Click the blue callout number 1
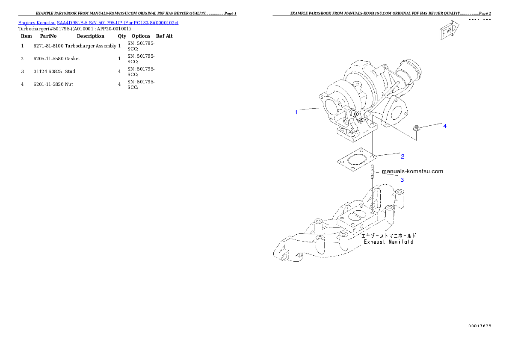click(296, 112)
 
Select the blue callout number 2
click(402, 156)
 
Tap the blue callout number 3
click(402, 180)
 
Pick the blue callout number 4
click(445, 126)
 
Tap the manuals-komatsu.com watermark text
click(412, 171)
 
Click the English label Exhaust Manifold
click(388, 242)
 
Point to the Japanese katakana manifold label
click(388, 235)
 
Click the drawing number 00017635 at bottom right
click(479, 326)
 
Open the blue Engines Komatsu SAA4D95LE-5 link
click(98, 22)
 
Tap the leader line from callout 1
click(310, 110)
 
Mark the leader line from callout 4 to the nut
click(430, 125)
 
